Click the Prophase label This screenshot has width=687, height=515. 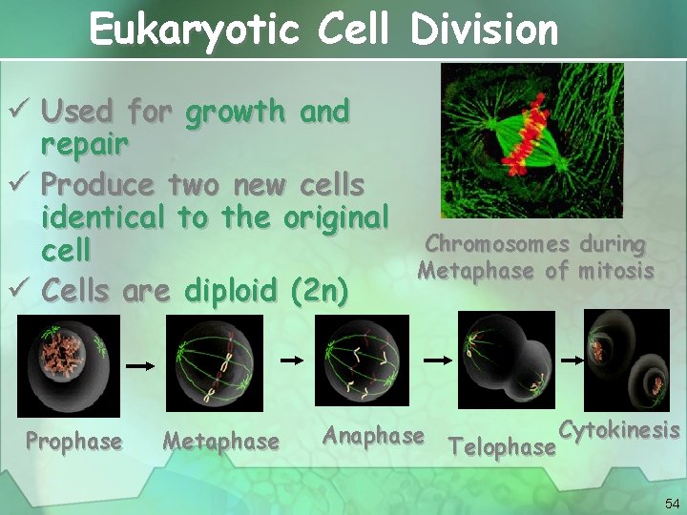click(x=73, y=442)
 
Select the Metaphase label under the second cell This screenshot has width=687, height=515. click(x=220, y=442)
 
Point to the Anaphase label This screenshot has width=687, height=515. click(x=373, y=436)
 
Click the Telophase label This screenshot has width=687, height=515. click(x=502, y=446)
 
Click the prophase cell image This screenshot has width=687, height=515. click(x=69, y=365)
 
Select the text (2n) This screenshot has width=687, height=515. click(x=319, y=287)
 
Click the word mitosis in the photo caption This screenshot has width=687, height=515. click(x=614, y=271)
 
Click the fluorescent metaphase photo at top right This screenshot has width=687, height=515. click(x=531, y=140)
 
